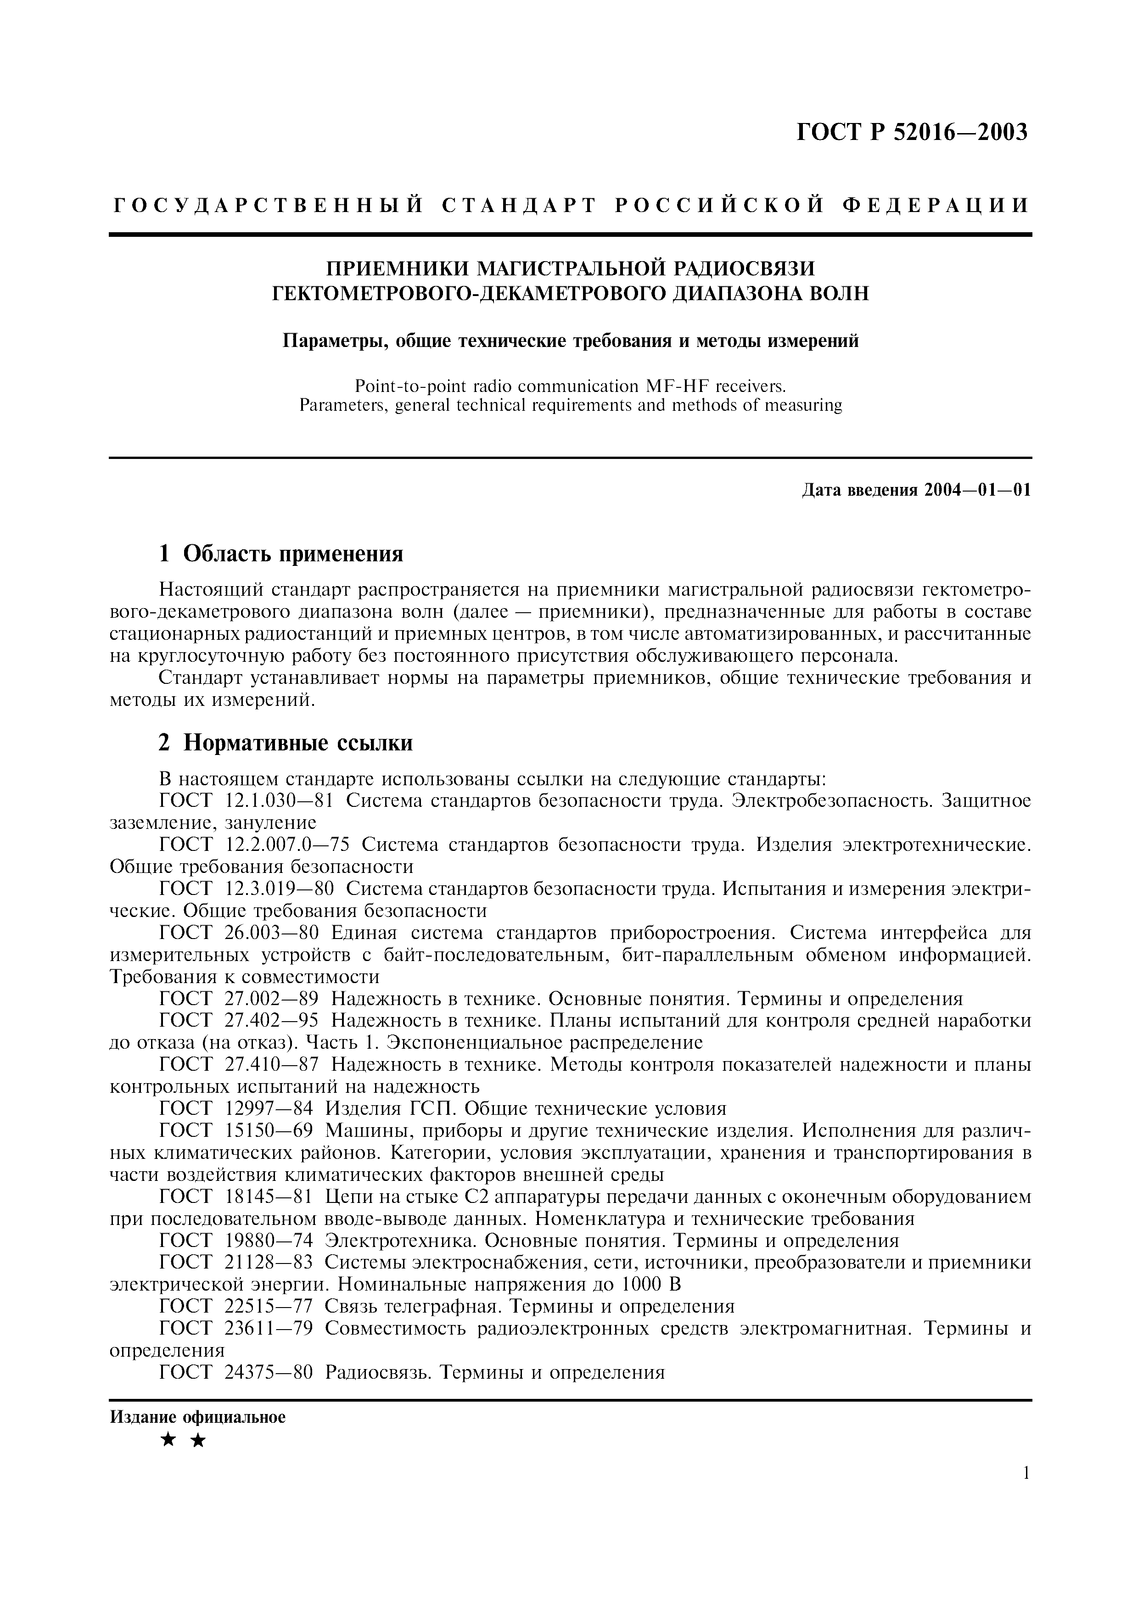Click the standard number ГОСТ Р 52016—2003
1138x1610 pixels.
912,132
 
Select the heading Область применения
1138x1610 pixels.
293,554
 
